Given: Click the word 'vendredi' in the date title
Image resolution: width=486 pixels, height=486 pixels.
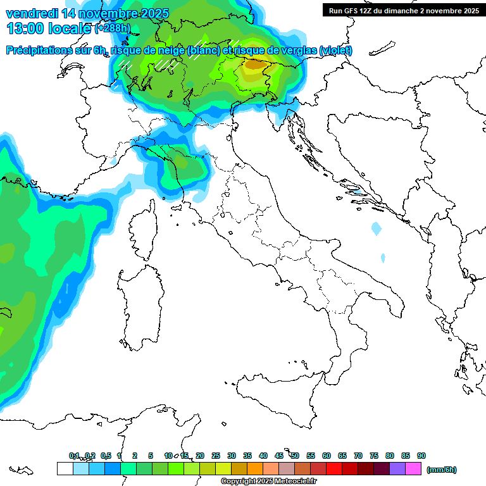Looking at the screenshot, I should (32, 13).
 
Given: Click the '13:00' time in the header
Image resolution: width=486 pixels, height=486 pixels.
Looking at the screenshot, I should (25, 28).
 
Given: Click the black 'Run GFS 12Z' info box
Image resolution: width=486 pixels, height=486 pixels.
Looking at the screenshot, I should (404, 10).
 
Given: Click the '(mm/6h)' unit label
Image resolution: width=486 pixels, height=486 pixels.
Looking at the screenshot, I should (442, 470).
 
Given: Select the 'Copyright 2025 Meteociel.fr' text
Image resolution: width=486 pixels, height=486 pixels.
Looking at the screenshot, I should (269, 482).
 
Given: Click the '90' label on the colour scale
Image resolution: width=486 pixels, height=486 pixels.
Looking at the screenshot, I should (421, 456).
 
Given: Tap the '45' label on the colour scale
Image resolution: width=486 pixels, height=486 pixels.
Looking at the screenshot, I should (279, 456).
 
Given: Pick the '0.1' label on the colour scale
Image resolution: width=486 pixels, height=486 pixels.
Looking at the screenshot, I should (74, 456).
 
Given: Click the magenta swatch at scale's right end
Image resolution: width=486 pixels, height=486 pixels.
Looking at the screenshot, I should (413, 469).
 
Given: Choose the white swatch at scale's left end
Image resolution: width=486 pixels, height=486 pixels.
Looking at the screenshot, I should (65, 469).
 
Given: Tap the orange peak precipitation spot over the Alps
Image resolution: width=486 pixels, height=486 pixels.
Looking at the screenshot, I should (256, 63).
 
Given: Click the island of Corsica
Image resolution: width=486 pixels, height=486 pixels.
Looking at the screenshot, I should (143, 231).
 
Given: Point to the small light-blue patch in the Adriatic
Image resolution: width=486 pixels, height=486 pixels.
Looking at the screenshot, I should (377, 227).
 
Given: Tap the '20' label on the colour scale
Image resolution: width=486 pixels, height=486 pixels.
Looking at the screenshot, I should (200, 456).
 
